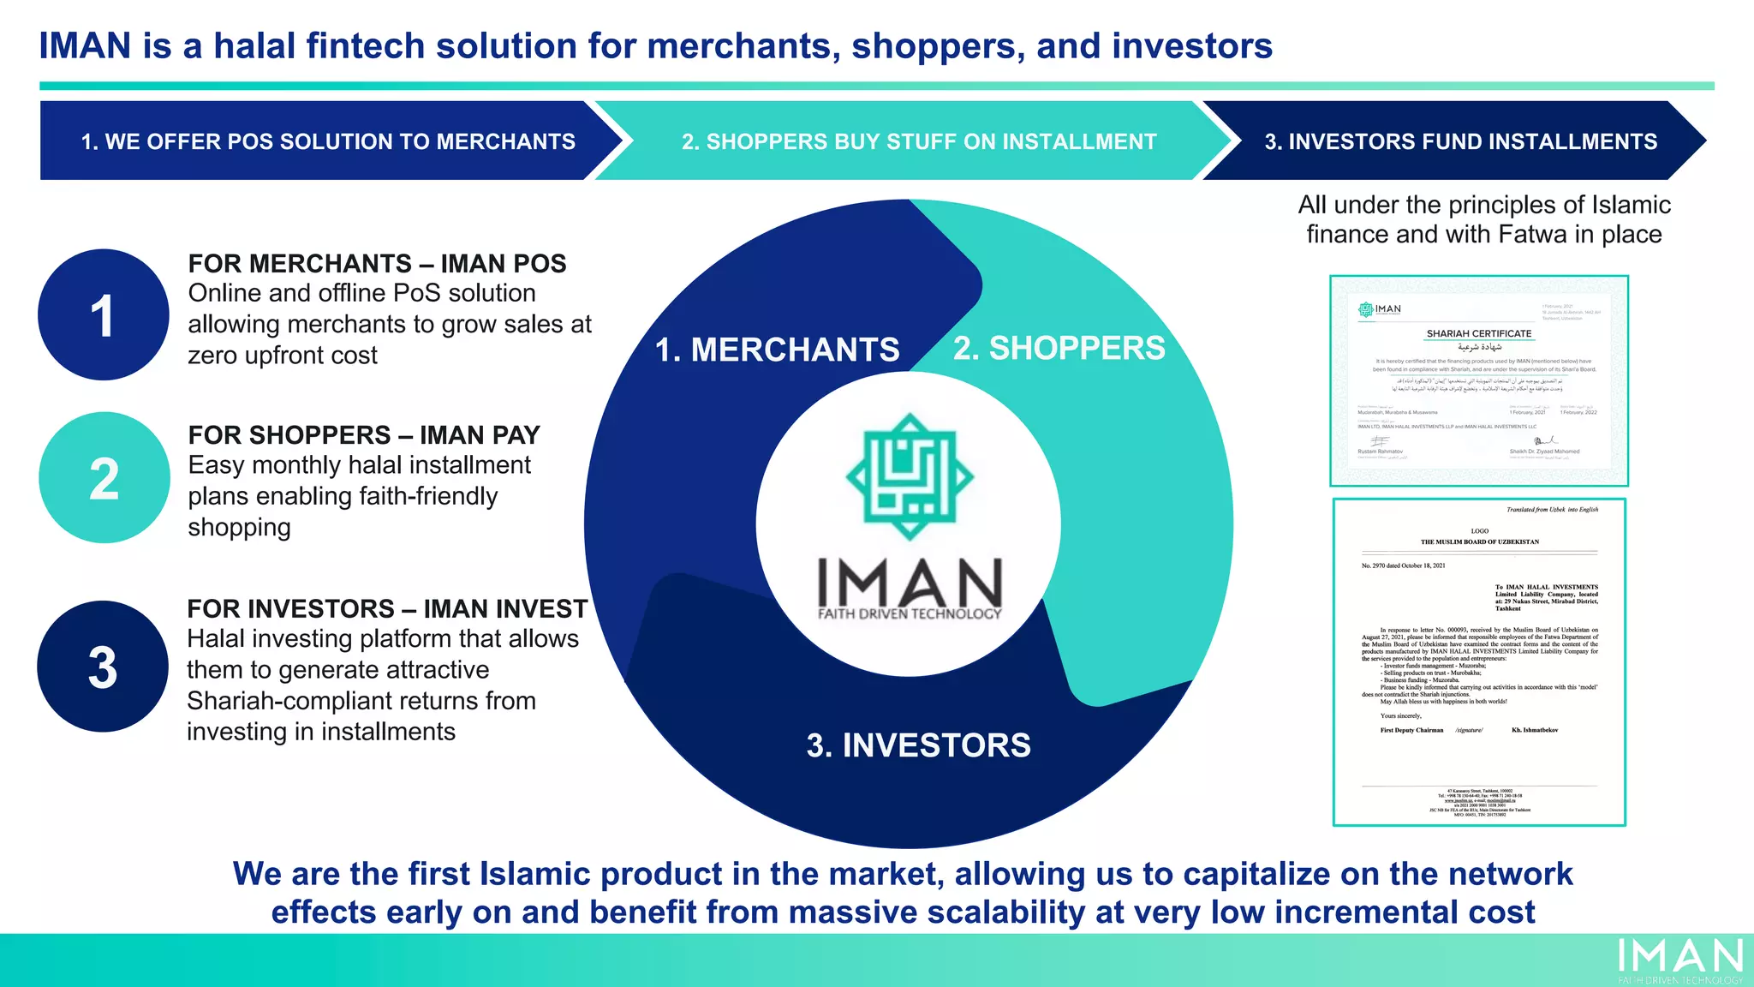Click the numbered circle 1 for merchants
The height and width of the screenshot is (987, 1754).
[x=104, y=314]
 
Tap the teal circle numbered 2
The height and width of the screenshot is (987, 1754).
[x=104, y=477]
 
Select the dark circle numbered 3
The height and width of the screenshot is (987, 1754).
[x=103, y=667]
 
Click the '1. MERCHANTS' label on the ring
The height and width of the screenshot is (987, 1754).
[x=777, y=350]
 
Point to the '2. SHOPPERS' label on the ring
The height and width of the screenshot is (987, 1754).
[x=1059, y=348]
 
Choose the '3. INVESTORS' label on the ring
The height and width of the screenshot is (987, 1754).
[x=918, y=745]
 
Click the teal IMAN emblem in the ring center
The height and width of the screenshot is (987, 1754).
[x=910, y=476]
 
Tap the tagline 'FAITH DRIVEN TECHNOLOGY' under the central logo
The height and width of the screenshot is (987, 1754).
[x=910, y=613]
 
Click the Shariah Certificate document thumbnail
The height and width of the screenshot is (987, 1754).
[x=1478, y=380]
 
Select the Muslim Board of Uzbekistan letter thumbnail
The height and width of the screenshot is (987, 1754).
[x=1479, y=661]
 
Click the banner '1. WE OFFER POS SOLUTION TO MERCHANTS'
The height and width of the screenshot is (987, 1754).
[x=328, y=141]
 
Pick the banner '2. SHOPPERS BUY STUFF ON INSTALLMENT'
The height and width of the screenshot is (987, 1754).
[x=919, y=141]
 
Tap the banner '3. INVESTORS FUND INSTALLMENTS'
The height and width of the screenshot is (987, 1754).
[x=1460, y=141]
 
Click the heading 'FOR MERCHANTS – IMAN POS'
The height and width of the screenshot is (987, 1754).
[x=377, y=263]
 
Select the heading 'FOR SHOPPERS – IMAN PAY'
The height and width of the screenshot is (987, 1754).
[x=364, y=435]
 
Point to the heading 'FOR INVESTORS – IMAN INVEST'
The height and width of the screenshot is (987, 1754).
[x=387, y=608]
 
